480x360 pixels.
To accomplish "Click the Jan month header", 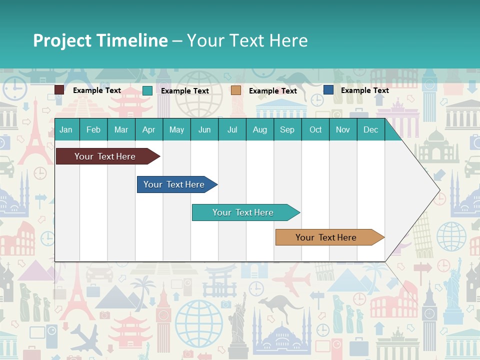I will [66, 129].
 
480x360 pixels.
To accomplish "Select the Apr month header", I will [148, 129].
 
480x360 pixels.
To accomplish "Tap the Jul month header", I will [232, 129].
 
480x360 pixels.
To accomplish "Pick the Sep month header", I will [287, 129].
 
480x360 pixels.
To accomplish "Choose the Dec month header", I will [370, 129].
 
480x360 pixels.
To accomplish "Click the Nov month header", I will [342, 129].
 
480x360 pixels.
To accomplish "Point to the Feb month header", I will [93, 129].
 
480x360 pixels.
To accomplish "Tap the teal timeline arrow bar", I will [243, 212].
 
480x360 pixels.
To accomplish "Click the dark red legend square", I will [59, 90].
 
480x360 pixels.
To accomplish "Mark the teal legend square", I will [147, 90].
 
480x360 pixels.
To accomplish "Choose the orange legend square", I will [236, 90].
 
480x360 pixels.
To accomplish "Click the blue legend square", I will [328, 90].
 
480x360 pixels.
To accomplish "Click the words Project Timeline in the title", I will [100, 40].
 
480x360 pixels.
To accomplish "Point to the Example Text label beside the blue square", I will [364, 90].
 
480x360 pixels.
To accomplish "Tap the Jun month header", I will [204, 129].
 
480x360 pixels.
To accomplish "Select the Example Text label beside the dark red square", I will [96, 90].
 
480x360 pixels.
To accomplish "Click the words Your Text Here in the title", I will [247, 40].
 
